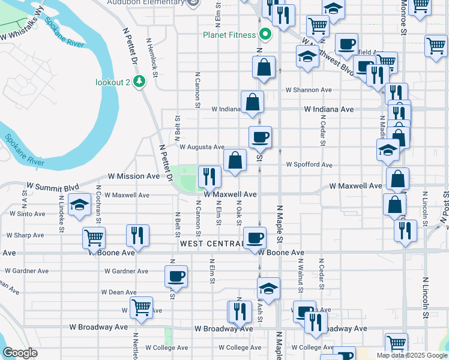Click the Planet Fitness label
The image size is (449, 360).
coord(229,34)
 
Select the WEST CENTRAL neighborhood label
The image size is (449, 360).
coord(210,244)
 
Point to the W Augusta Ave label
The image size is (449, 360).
coord(202,146)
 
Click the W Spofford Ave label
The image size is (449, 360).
coord(309,164)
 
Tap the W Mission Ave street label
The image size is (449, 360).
coord(134,176)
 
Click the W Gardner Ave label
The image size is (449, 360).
coord(126,271)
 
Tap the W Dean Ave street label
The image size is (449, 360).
coord(119,292)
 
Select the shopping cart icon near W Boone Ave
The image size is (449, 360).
coord(94,237)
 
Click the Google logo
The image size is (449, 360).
coord(20,353)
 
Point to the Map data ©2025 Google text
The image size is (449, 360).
coord(411,355)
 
